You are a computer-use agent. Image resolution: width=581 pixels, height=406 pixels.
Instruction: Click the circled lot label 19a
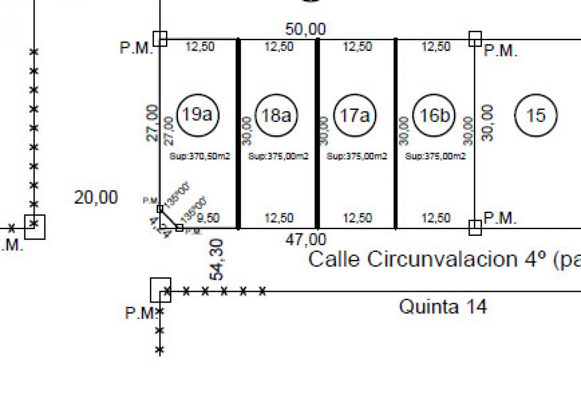[x=197, y=115]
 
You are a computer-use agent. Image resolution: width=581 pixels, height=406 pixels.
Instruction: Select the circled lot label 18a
[x=276, y=115]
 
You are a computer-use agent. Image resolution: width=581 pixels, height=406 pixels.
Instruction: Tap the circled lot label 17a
[x=354, y=115]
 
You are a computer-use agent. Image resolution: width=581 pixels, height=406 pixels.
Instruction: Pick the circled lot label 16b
[x=434, y=115]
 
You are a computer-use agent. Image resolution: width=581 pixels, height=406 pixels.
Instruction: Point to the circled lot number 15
[x=536, y=115]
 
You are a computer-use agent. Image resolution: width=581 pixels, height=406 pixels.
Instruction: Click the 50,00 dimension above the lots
[x=305, y=29]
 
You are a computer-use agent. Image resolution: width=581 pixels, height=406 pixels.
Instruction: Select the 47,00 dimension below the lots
[x=305, y=239]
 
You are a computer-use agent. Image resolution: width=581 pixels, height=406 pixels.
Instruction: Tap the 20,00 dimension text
[x=96, y=197]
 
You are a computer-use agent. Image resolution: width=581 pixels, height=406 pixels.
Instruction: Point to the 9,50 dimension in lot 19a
[x=208, y=218]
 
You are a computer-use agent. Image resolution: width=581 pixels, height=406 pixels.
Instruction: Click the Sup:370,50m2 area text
[x=200, y=156]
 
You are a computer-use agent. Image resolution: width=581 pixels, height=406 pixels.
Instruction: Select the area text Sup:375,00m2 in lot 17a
[x=357, y=156]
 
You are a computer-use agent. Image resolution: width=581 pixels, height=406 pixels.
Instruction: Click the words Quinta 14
[x=443, y=307]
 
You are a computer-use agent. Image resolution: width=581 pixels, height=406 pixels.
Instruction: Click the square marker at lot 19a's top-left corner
[x=160, y=39]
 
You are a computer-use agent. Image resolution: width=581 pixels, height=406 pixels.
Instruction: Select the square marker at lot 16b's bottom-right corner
[x=475, y=228]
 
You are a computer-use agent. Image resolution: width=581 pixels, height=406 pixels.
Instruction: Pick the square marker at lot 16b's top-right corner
[x=475, y=39]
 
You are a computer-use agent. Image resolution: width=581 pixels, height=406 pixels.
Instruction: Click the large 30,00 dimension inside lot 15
[x=488, y=123]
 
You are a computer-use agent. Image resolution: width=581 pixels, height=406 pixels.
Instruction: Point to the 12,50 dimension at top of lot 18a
[x=279, y=46]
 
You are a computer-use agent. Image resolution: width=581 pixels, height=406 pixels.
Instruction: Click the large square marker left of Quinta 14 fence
[x=161, y=290]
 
